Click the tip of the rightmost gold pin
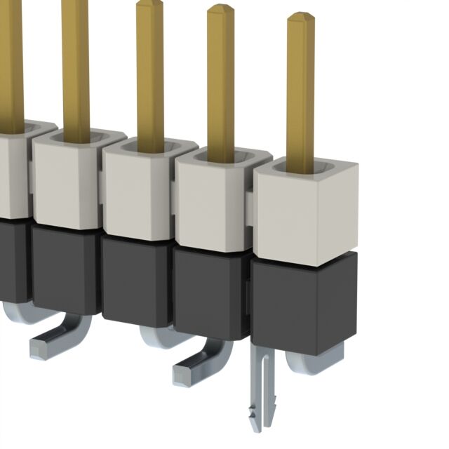pos(301,15)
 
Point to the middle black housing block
pos(136,281)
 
